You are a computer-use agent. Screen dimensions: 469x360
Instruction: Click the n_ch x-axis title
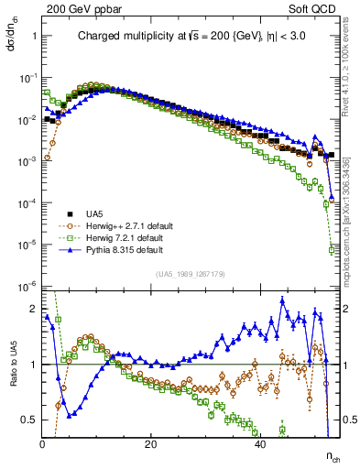(332, 455)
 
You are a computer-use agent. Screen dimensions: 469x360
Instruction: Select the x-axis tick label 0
(43, 444)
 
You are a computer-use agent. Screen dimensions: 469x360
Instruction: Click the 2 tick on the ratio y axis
(33, 309)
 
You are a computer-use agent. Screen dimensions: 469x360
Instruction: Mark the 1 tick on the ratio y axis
(33, 365)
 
